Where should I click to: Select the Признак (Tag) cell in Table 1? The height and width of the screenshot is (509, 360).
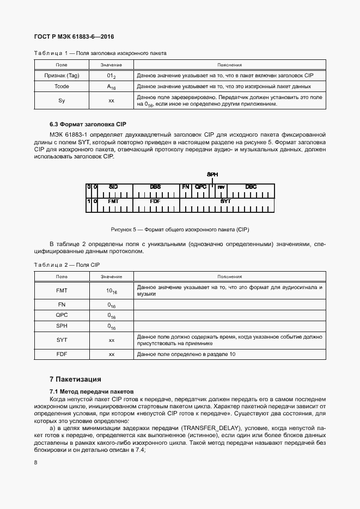point(62,75)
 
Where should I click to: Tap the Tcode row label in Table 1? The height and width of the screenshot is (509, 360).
point(62,87)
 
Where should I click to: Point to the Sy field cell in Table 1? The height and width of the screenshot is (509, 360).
point(62,101)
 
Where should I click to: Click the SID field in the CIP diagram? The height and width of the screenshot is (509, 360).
point(113,187)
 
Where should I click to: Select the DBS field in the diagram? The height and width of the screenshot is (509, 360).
point(155,187)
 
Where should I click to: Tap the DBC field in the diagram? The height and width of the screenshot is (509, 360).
point(251,187)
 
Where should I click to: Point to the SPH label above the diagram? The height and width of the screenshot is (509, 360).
point(212,174)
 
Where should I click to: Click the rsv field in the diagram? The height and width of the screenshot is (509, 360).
point(221,187)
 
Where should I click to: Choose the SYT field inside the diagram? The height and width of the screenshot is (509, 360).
point(225,201)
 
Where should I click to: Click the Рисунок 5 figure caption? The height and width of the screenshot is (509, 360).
point(180,229)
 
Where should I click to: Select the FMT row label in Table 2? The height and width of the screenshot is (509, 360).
point(62,291)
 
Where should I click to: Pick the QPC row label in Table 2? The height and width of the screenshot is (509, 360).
point(62,315)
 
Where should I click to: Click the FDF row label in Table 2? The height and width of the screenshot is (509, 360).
point(62,354)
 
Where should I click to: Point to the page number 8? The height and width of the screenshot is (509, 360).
point(35,463)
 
